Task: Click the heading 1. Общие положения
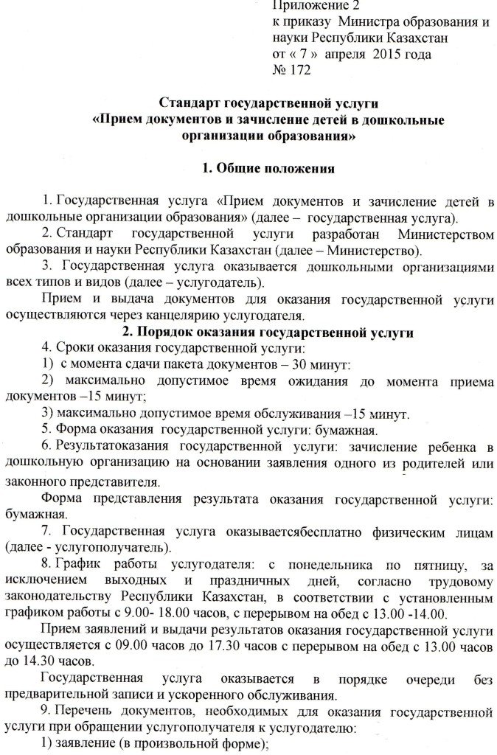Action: pos(268,169)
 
